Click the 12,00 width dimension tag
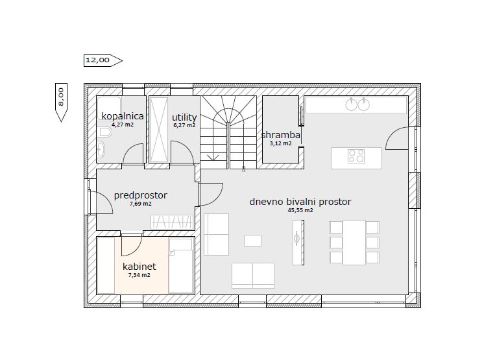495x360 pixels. [x=103, y=60]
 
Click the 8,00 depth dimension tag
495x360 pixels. [x=61, y=102]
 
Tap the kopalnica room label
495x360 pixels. [x=123, y=116]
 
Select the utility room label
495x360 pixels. [x=184, y=117]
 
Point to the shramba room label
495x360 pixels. [x=281, y=135]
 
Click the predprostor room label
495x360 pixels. [x=141, y=196]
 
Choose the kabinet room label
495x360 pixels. [x=139, y=267]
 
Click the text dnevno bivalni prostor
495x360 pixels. [x=300, y=202]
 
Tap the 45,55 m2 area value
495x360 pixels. [x=300, y=210]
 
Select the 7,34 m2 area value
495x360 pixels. [x=139, y=275]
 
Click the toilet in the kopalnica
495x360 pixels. [x=104, y=132]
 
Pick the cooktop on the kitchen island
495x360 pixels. [x=356, y=156]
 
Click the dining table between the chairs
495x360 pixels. [x=354, y=243]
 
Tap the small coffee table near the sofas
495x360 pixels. [x=252, y=241]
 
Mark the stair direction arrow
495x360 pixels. [x=213, y=157]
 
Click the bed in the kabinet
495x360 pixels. [x=181, y=266]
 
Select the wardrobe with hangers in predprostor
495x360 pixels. [x=172, y=222]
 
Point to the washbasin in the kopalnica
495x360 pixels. [x=101, y=149]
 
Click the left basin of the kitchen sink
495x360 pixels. [x=351, y=104]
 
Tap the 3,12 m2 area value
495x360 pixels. [x=281, y=143]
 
